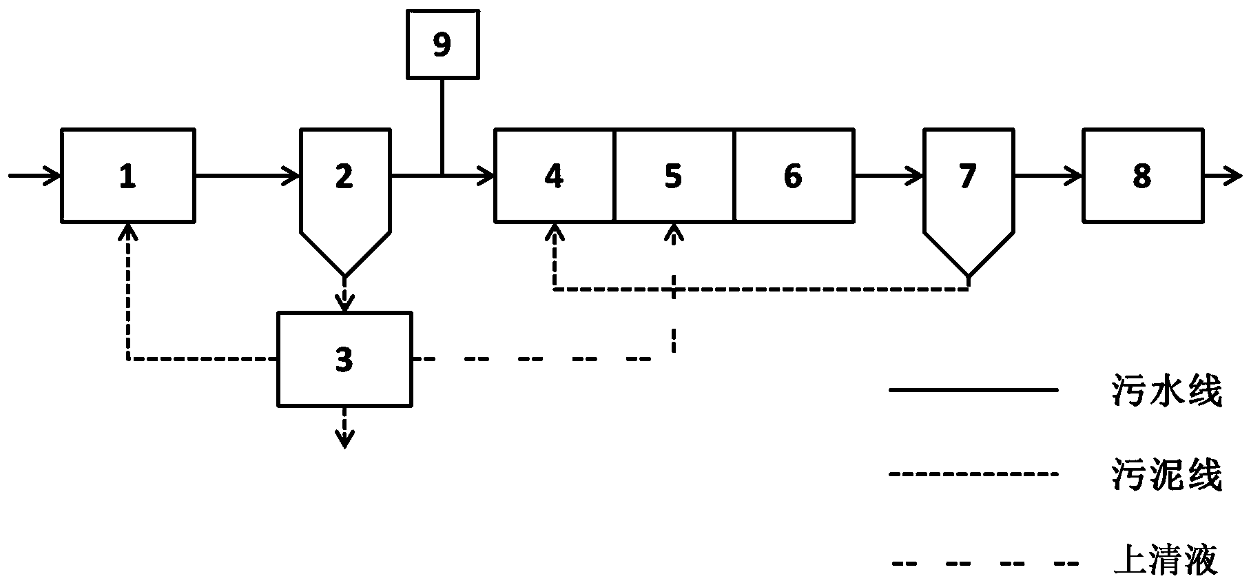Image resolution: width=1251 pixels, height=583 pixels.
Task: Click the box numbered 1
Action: (x=127, y=176)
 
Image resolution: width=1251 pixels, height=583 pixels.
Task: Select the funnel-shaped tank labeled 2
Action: (x=344, y=186)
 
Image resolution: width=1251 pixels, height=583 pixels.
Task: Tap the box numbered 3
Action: (x=344, y=359)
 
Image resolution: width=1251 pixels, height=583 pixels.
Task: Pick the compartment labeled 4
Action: (x=554, y=176)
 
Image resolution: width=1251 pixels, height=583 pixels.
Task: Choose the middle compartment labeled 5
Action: (x=674, y=176)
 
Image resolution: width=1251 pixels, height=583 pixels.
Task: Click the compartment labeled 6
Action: (x=794, y=176)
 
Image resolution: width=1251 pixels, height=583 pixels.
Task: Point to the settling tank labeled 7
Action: (x=968, y=186)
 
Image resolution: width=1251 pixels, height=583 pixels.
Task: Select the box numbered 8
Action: (x=1142, y=176)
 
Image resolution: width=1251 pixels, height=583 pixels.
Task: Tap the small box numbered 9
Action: (x=442, y=44)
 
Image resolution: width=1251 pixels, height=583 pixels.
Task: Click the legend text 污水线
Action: (x=1167, y=391)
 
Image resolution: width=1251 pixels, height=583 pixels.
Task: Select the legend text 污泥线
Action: (x=1167, y=475)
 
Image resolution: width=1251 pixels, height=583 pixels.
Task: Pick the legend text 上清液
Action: (x=1167, y=560)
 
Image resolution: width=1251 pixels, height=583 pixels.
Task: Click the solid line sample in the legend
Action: (x=973, y=391)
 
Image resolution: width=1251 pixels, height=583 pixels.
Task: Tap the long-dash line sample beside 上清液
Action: (x=973, y=563)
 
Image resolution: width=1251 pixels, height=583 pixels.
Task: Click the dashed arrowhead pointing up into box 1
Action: (x=127, y=232)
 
